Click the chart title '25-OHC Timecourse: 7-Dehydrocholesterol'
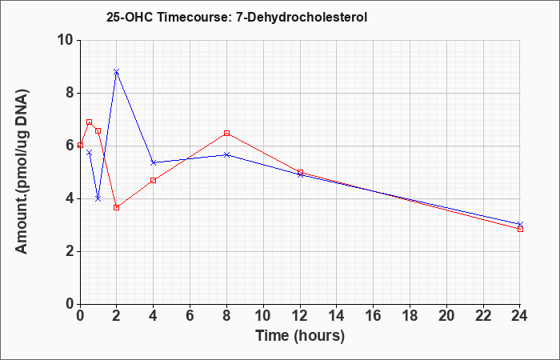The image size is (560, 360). [x=237, y=17]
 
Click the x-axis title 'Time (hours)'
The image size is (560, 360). [x=300, y=336]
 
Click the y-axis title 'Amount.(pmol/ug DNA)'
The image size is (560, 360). [x=22, y=171]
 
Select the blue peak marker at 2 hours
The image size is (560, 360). [x=117, y=72]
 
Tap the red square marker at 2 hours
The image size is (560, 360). [x=117, y=207]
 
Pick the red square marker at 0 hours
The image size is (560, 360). [x=80, y=145]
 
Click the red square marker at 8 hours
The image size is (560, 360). [x=226, y=134]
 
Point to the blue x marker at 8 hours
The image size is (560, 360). [x=226, y=154]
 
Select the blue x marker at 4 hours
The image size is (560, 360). [x=154, y=162]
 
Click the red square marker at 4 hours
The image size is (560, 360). [x=154, y=180]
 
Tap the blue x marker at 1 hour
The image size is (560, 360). [x=98, y=198]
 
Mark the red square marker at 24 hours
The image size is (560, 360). [x=520, y=230]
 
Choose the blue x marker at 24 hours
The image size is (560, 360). [x=520, y=224]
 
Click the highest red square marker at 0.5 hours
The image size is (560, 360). [x=90, y=122]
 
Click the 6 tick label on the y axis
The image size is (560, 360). [x=70, y=146]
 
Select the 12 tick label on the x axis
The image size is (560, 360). [x=300, y=316]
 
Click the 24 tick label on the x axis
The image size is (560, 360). [x=520, y=316]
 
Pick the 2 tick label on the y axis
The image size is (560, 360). [x=70, y=251]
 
